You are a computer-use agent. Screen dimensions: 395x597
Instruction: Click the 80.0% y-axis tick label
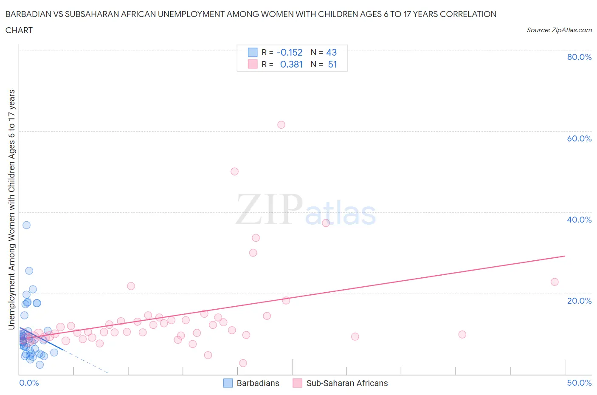[579, 57]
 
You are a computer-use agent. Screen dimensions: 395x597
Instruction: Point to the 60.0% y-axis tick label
[579, 138]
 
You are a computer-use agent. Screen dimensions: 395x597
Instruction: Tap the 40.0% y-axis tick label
[579, 220]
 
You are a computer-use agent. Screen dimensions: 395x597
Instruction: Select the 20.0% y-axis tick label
[579, 301]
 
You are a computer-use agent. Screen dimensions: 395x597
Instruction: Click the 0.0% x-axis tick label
[29, 383]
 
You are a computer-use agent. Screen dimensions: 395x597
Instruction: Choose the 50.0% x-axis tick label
[579, 383]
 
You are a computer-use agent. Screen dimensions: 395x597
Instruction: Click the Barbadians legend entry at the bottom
[251, 383]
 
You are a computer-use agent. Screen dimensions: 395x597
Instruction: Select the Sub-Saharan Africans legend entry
[341, 383]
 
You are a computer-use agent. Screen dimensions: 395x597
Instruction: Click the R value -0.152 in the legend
[289, 52]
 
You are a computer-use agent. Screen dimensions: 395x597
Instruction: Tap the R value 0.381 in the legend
[291, 64]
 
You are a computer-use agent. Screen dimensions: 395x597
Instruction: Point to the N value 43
[331, 52]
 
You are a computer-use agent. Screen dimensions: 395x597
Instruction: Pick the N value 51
[332, 64]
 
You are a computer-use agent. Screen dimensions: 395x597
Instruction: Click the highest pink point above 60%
[281, 125]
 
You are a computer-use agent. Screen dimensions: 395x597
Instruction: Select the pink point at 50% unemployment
[234, 172]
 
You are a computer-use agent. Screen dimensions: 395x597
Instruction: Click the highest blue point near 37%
[26, 225]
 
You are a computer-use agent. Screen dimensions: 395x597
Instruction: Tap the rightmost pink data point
[554, 282]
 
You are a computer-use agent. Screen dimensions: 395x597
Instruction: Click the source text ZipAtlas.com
[559, 30]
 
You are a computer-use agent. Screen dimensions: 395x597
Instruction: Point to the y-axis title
[11, 209]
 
